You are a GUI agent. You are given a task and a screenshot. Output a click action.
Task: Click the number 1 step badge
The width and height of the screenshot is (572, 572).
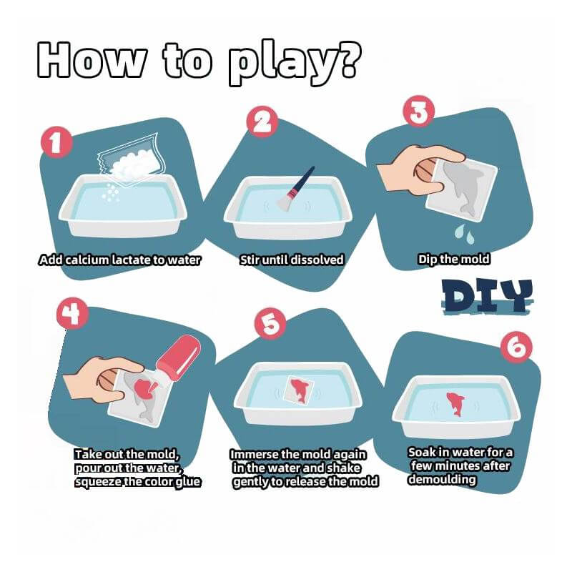pyautogui.click(x=55, y=142)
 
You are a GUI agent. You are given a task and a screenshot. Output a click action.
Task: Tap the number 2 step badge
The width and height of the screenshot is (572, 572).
pyautogui.click(x=262, y=122)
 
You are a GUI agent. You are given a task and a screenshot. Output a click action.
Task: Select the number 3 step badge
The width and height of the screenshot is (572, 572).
pyautogui.click(x=418, y=112)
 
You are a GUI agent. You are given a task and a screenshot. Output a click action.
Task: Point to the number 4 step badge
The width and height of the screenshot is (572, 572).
pyautogui.click(x=72, y=314)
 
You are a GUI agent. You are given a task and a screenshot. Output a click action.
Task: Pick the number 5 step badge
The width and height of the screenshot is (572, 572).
pyautogui.click(x=270, y=325)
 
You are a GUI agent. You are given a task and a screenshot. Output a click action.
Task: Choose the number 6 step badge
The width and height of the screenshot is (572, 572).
pyautogui.click(x=516, y=347)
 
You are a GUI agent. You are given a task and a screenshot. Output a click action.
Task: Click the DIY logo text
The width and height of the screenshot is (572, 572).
pyautogui.click(x=488, y=296)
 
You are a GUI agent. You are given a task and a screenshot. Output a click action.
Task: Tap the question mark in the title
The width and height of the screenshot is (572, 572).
pyautogui.click(x=345, y=59)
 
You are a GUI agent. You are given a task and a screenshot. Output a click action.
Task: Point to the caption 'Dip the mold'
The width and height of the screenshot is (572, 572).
pyautogui.click(x=453, y=260)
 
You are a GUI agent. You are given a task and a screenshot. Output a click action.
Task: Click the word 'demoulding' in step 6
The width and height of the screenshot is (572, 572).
pyautogui.click(x=442, y=479)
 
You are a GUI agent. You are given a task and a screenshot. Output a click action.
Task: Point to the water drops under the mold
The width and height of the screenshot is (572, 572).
pyautogui.click(x=464, y=234)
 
